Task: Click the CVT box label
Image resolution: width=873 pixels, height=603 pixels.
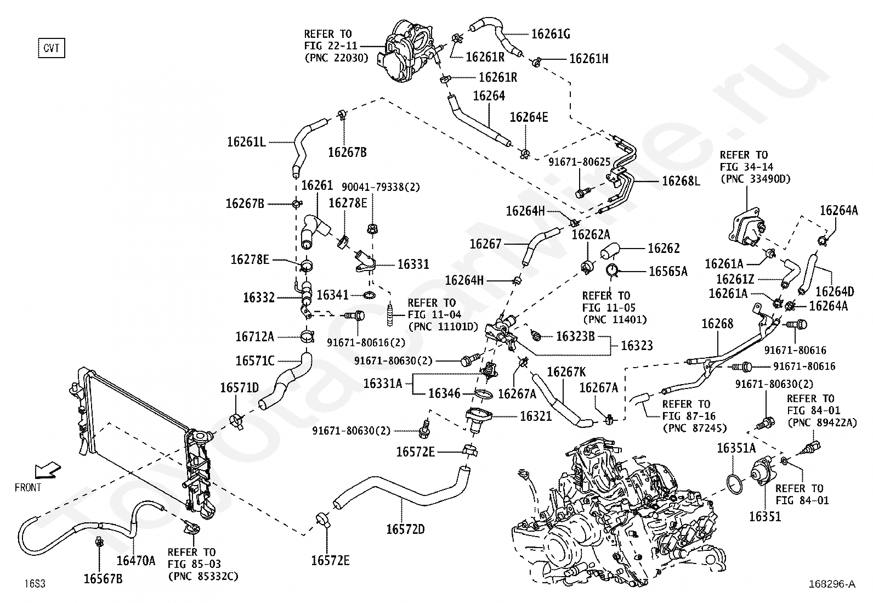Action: point(52,48)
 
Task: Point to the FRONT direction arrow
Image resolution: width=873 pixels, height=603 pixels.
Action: point(48,471)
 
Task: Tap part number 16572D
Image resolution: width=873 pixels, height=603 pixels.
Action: point(405,529)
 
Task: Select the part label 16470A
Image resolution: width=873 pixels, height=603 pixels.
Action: point(136,561)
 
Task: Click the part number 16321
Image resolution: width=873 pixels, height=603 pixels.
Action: point(536,416)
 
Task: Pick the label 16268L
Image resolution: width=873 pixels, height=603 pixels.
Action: point(681,181)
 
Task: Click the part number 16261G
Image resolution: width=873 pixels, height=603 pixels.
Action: point(551,35)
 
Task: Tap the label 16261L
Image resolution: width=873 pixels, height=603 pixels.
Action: point(246,142)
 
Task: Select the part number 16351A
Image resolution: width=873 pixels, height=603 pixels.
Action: point(736,448)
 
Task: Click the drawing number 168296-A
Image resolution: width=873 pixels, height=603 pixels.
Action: point(832,584)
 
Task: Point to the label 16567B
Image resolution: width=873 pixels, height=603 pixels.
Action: point(103,579)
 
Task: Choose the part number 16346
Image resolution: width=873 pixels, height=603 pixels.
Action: point(444,393)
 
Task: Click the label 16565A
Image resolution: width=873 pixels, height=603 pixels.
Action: point(668,272)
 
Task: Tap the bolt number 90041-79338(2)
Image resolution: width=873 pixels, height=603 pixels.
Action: point(381,187)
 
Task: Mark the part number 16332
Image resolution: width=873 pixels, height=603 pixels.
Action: point(259,297)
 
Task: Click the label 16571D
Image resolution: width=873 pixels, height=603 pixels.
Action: point(239,388)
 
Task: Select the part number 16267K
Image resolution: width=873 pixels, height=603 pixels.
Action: point(566,372)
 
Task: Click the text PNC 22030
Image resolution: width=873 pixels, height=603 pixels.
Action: point(336,58)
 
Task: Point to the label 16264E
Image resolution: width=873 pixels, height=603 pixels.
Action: point(529,117)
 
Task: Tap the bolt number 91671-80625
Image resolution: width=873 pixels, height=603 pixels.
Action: point(580,162)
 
